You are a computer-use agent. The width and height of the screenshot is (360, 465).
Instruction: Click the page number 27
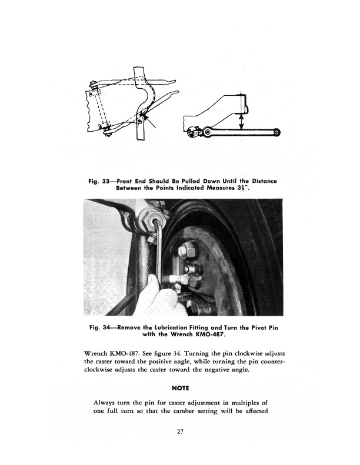[x=180, y=432]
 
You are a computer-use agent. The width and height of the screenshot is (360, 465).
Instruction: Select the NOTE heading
[x=180, y=389]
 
